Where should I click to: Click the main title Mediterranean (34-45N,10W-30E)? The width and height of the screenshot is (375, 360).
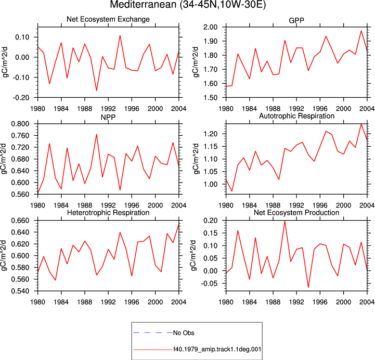click(x=188, y=5)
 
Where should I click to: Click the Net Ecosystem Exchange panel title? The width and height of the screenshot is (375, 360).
click(x=108, y=19)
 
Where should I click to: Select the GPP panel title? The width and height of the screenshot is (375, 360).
click(x=296, y=21)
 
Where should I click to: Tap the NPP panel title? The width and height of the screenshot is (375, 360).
click(x=108, y=118)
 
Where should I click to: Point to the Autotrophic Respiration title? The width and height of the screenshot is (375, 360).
click(x=296, y=116)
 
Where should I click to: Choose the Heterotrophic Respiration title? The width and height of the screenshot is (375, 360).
click(x=108, y=213)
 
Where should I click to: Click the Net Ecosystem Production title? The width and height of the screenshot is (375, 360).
click(x=296, y=213)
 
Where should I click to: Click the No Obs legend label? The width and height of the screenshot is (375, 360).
click(x=184, y=333)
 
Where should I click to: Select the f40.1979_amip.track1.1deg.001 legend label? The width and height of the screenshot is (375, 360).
click(x=217, y=349)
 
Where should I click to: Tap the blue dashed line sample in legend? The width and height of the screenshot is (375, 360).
click(x=153, y=333)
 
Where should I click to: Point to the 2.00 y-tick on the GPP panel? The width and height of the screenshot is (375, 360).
click(x=211, y=27)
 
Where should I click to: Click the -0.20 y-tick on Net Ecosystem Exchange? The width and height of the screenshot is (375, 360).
click(x=21, y=98)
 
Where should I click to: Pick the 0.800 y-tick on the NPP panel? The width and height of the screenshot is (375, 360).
click(x=20, y=124)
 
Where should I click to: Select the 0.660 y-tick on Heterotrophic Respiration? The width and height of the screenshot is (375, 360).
click(x=20, y=221)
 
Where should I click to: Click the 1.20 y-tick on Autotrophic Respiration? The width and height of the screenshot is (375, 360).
click(x=211, y=134)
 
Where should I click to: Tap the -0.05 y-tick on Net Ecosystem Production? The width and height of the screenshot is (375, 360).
click(x=209, y=284)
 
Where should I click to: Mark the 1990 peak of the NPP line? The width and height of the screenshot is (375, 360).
click(x=97, y=134)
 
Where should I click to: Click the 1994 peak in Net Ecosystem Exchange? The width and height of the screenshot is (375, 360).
click(x=120, y=35)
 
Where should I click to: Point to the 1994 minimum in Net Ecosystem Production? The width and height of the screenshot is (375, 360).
click(x=308, y=287)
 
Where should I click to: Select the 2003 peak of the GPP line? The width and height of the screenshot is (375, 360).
click(x=361, y=31)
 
